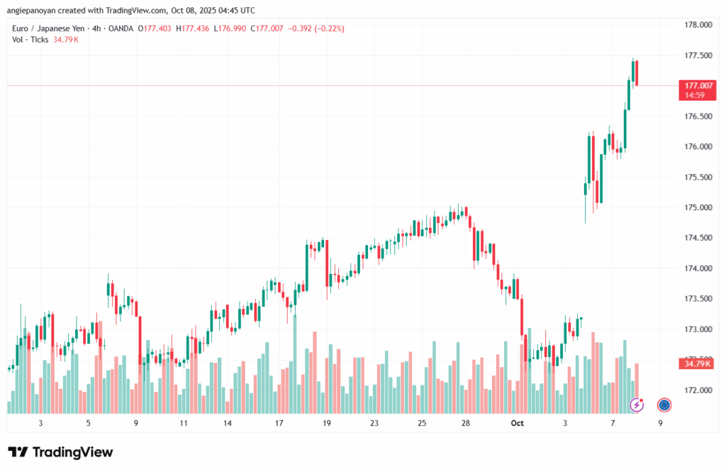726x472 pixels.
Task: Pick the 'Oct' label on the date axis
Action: [517, 423]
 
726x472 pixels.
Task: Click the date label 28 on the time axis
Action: [466, 423]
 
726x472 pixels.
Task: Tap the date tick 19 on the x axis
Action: [327, 423]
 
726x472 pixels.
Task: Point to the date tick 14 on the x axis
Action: [228, 423]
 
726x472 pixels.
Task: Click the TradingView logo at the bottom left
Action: [60, 452]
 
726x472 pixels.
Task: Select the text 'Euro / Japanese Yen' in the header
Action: [45, 28]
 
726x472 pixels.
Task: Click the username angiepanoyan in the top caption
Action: [31, 11]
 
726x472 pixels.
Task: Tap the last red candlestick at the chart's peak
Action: [637, 72]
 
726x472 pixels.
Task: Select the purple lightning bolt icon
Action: [637, 405]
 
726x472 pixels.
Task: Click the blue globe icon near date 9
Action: [664, 405]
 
